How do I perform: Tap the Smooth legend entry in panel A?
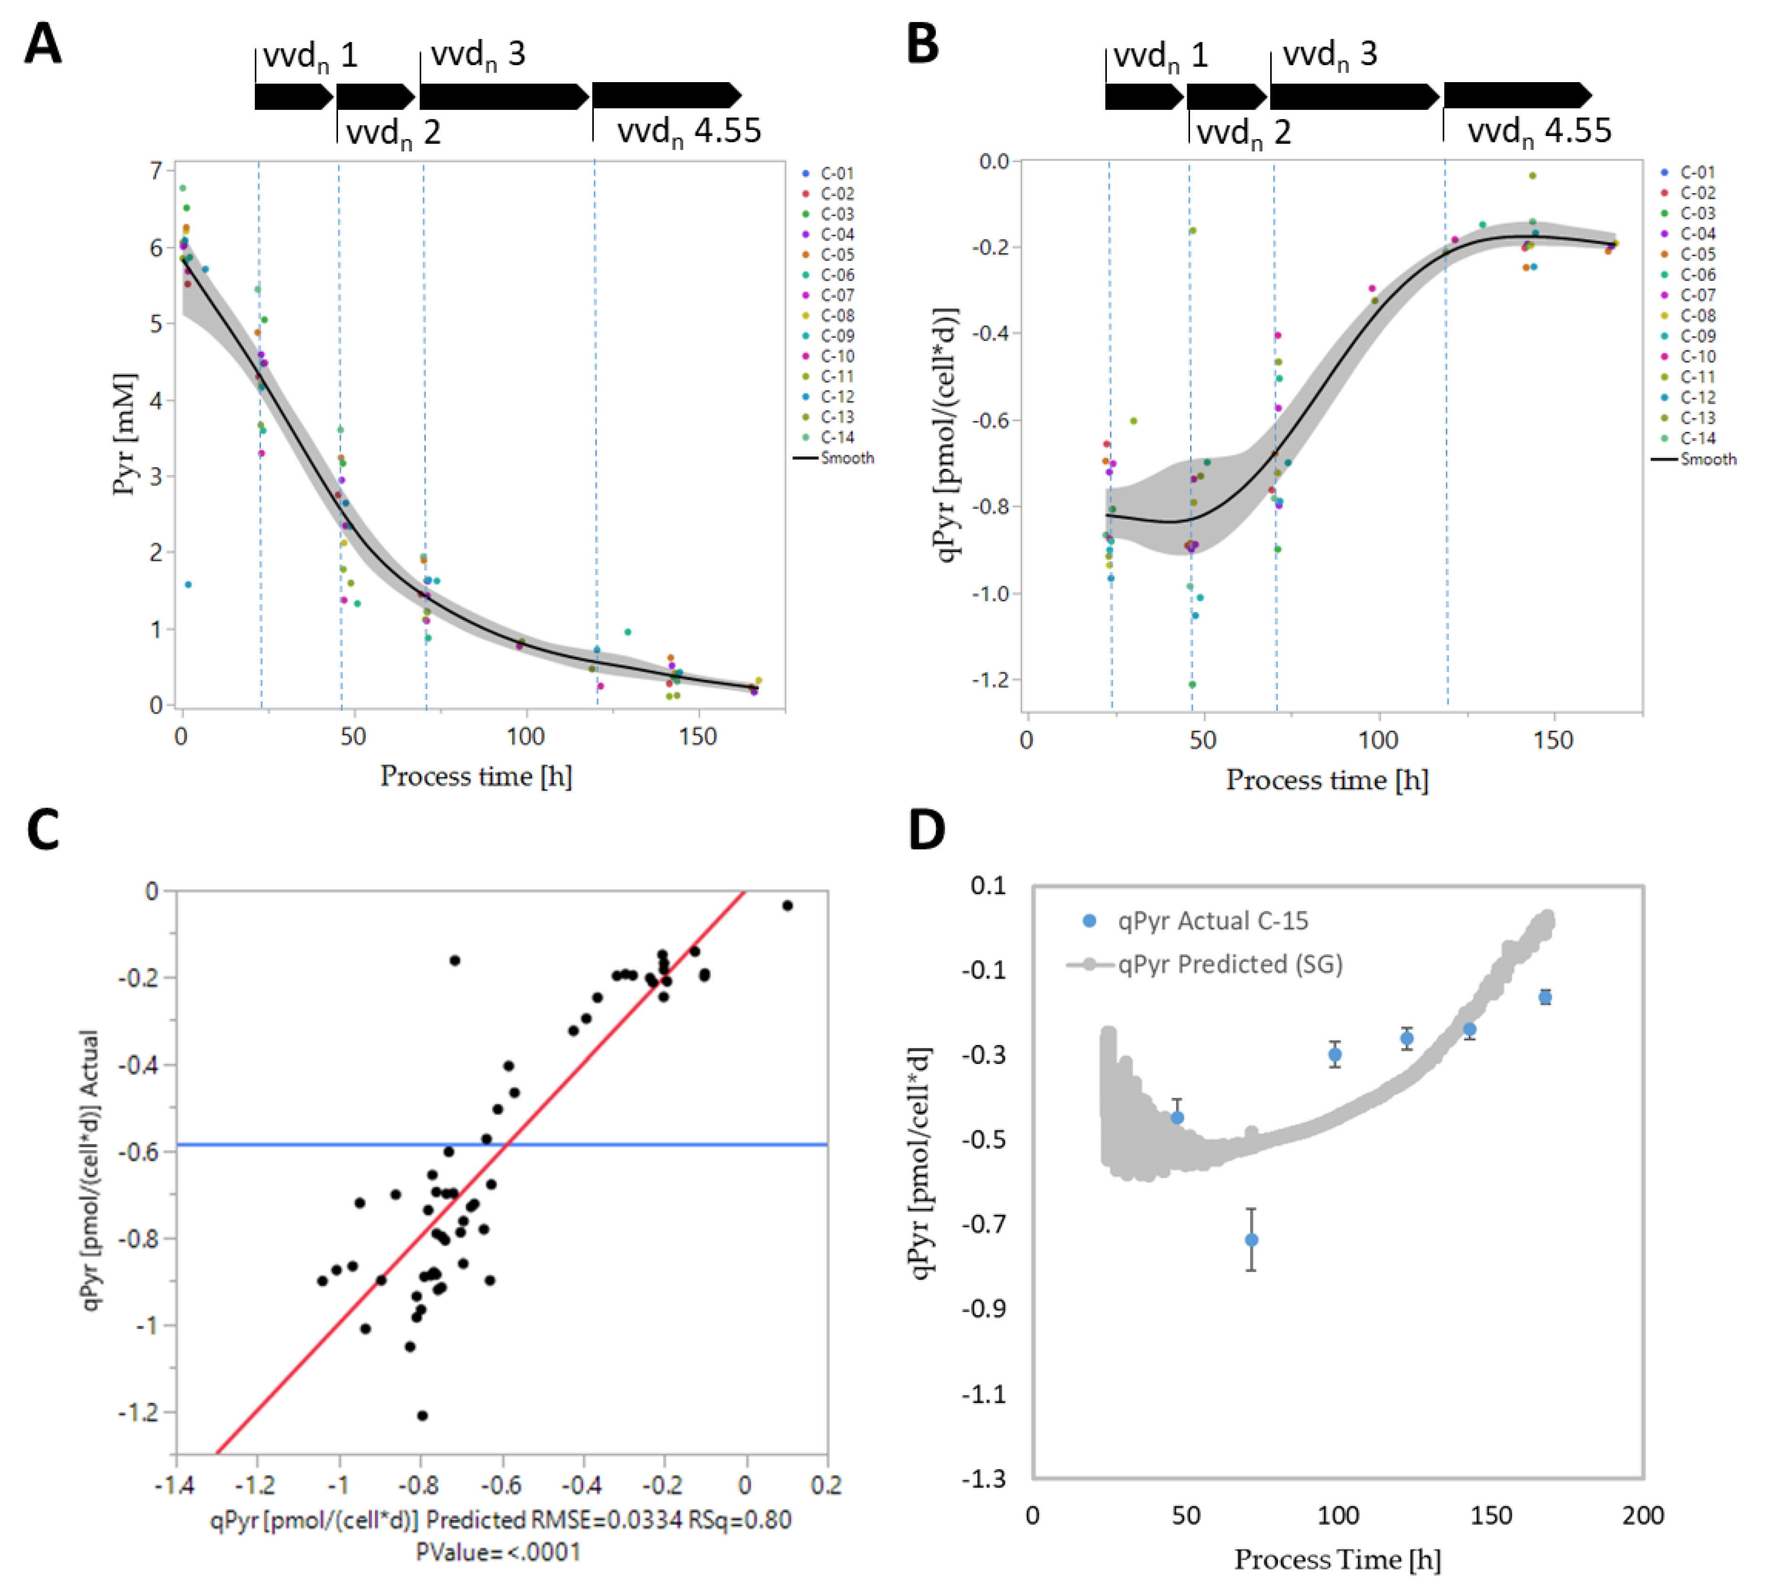click(834, 458)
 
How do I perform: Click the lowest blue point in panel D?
click(1252, 1240)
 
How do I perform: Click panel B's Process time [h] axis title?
click(1327, 780)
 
